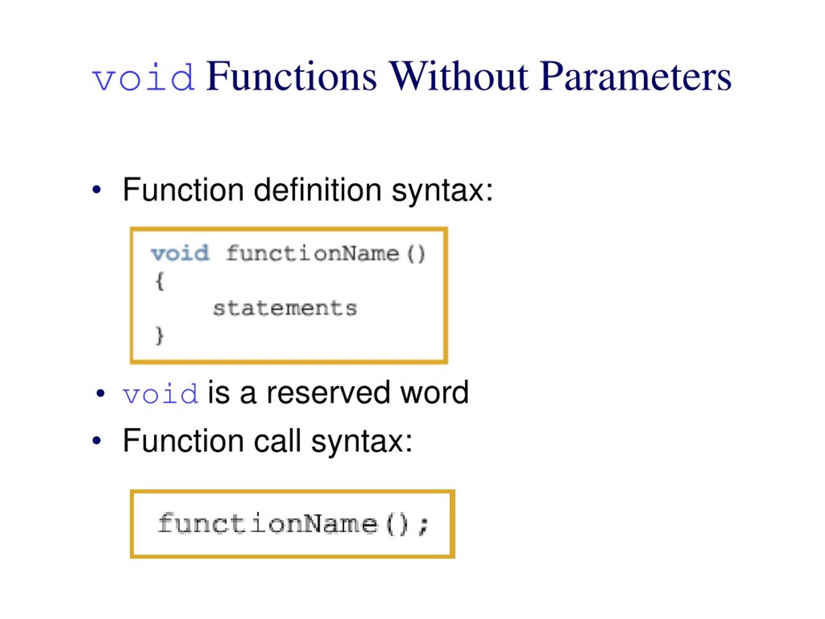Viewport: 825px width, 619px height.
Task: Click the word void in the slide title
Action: (144, 78)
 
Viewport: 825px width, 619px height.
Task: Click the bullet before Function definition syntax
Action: (97, 190)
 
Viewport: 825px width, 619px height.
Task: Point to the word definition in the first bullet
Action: (317, 190)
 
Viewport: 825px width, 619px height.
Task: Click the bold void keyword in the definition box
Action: (180, 253)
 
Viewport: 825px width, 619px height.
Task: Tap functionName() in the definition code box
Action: (325, 254)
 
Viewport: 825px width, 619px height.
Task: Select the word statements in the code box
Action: (285, 308)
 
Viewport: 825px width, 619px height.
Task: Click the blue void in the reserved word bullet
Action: (160, 394)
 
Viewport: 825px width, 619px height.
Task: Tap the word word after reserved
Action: (434, 393)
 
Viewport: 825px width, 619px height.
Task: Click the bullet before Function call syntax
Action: (97, 441)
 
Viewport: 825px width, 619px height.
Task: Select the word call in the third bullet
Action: (277, 441)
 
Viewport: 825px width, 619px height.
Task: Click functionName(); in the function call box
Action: (294, 524)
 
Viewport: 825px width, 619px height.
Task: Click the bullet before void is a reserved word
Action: (100, 393)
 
